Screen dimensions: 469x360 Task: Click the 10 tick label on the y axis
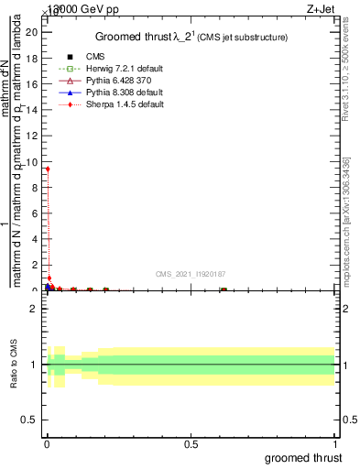tap(32, 161)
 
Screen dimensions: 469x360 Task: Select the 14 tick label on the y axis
tap(32, 110)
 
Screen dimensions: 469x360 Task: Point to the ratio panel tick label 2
tap(34, 309)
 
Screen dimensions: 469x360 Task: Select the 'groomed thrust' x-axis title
tap(303, 456)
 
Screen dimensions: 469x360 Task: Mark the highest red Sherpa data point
tap(48, 169)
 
